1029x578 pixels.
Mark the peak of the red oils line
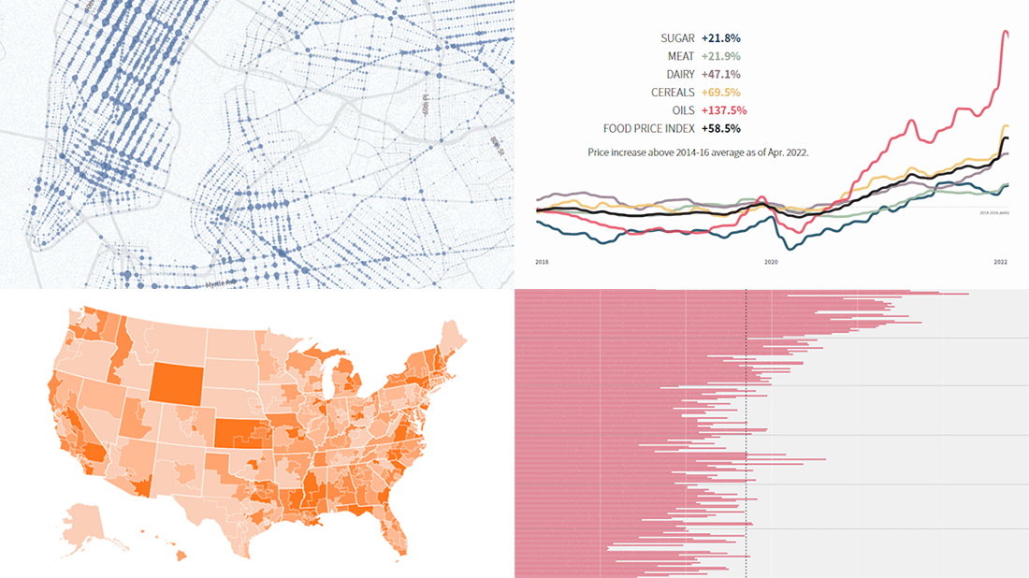click(x=1007, y=33)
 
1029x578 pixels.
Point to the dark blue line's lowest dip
click(x=791, y=248)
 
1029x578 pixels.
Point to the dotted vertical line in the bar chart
click(x=746, y=430)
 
